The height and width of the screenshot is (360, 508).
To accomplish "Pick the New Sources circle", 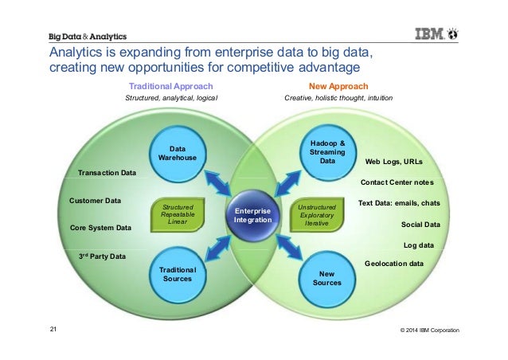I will click(x=327, y=278).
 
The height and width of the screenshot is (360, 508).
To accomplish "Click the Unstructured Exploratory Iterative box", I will click(x=316, y=214).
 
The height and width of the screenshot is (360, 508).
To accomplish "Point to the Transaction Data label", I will click(x=107, y=172).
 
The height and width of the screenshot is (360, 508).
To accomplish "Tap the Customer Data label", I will click(x=96, y=200).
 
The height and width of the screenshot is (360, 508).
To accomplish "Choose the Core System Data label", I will click(x=101, y=228).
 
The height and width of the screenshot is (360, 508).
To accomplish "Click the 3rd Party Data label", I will click(x=102, y=256).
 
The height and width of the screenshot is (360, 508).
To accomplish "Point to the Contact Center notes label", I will click(x=403, y=182).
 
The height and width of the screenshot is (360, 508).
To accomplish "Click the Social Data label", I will click(x=420, y=225).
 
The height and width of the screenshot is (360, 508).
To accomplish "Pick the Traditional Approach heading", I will click(x=170, y=85).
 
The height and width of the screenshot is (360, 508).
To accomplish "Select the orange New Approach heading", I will click(x=338, y=85).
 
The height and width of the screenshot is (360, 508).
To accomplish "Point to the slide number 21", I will click(x=53, y=330).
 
